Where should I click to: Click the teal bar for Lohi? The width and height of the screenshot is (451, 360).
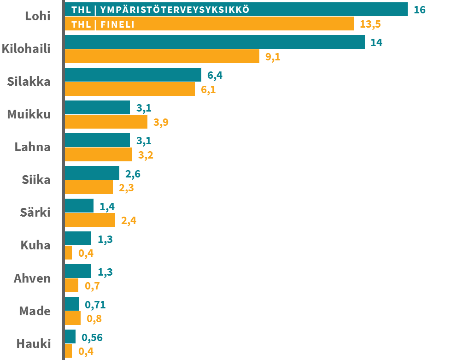point(236,9)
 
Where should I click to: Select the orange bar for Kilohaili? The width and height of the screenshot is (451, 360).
point(162,56)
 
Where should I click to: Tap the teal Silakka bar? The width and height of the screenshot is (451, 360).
point(133,75)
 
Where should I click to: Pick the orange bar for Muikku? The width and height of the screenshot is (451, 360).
point(106,122)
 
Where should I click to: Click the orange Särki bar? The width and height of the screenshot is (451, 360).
point(90,220)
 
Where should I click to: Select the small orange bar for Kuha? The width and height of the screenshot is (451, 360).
point(68,253)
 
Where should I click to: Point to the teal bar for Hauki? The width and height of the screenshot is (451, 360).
point(70,336)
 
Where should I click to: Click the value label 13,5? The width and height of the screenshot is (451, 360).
point(370,24)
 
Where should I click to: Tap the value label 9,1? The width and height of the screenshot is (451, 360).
point(273,57)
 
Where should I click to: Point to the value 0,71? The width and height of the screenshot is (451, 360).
point(95,305)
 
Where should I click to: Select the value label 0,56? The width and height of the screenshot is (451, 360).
point(92,337)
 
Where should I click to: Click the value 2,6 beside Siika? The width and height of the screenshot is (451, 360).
point(133,174)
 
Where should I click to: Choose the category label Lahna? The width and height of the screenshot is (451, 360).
point(33,147)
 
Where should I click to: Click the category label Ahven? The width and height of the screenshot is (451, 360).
point(32,278)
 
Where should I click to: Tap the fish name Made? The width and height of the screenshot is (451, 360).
point(35,311)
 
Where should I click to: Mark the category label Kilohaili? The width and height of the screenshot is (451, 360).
point(26,49)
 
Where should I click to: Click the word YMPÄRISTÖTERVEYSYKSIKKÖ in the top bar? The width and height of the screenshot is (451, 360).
point(175,10)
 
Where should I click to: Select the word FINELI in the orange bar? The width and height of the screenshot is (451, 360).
point(117,24)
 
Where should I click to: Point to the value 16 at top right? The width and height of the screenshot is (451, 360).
point(420,10)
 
